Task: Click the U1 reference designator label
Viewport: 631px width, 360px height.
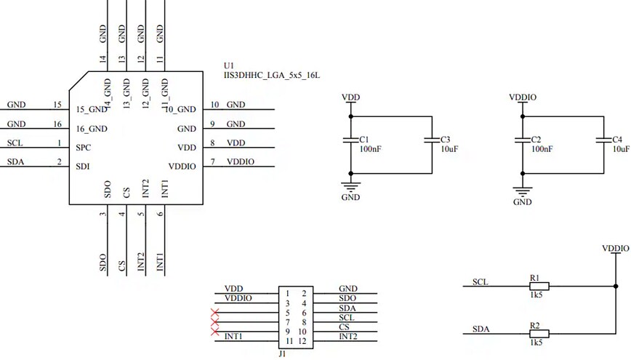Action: click(x=230, y=65)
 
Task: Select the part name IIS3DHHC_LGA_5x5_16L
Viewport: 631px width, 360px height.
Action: click(x=272, y=75)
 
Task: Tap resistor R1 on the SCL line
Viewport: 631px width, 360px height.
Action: click(x=538, y=286)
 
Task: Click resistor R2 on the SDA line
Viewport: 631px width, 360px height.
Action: click(x=538, y=333)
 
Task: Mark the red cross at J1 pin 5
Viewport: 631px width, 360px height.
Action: click(x=214, y=313)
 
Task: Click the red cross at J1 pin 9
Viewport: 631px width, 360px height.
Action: click(x=214, y=332)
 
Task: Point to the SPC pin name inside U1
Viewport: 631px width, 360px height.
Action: click(x=84, y=146)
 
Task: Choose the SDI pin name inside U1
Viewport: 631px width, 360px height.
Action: click(x=83, y=166)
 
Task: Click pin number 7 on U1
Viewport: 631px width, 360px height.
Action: click(x=212, y=161)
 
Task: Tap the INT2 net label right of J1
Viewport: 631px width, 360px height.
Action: click(x=348, y=336)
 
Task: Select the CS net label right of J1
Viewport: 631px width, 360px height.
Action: click(x=344, y=327)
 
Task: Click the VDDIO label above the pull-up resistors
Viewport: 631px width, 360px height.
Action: click(x=615, y=248)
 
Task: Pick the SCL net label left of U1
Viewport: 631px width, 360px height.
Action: click(x=15, y=142)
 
